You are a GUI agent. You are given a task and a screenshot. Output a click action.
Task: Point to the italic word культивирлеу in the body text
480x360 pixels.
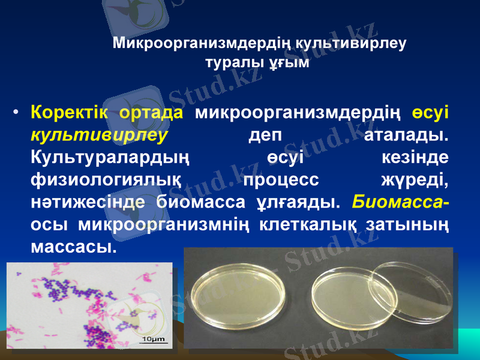point(98,134)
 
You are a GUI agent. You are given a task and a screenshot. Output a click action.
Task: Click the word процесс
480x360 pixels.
point(281,179)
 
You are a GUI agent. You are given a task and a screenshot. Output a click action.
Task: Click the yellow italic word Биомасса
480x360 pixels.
point(400,202)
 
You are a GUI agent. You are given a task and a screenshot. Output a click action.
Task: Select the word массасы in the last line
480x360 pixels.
point(72,246)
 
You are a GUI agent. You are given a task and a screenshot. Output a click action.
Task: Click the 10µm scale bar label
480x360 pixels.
point(154,340)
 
